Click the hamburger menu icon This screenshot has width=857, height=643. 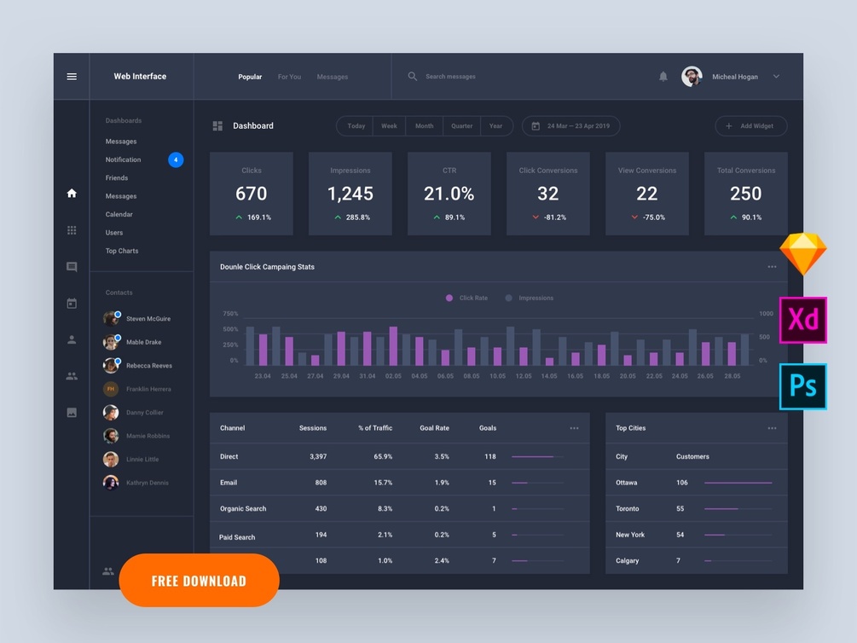(x=72, y=77)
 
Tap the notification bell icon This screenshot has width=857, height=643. (x=663, y=77)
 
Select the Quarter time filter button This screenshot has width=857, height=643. (x=461, y=126)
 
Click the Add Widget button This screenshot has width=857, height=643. (x=750, y=126)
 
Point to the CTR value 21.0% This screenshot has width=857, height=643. (x=449, y=194)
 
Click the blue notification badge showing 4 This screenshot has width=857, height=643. (x=176, y=159)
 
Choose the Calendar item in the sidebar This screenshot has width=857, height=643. (x=119, y=214)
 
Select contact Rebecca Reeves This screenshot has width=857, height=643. (x=148, y=366)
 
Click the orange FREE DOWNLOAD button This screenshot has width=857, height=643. (x=199, y=581)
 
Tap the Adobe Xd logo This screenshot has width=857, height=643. (x=802, y=320)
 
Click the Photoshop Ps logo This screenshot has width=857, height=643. (x=802, y=386)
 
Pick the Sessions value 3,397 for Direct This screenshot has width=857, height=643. (x=317, y=456)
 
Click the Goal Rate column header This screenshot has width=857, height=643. (x=434, y=428)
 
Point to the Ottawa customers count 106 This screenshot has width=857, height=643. (x=682, y=483)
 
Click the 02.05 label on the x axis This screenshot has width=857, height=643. (x=393, y=376)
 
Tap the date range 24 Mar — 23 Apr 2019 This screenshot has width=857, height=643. (x=570, y=126)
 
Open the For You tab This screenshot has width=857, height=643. (x=289, y=77)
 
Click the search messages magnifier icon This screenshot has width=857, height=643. (x=413, y=77)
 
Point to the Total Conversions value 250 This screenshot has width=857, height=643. (x=745, y=194)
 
